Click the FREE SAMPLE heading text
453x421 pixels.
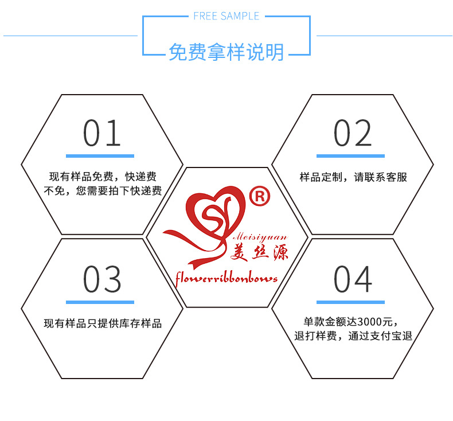226,16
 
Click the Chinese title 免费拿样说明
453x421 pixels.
226,52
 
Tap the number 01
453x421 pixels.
101,133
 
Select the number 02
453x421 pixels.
353,133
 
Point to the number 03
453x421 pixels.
101,279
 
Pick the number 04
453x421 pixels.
353,279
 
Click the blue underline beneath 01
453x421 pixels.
100,156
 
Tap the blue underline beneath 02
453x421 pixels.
350,156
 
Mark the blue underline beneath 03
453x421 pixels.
100,302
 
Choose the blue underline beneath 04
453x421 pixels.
350,302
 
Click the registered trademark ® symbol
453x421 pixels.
260,196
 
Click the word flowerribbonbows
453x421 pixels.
226,278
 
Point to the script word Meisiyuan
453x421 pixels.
260,237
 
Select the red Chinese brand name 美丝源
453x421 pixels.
259,252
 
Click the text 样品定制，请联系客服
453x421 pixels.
353,177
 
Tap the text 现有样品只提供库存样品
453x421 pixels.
103,323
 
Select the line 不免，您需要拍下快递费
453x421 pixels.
103,190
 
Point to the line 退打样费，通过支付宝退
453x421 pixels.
353,336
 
